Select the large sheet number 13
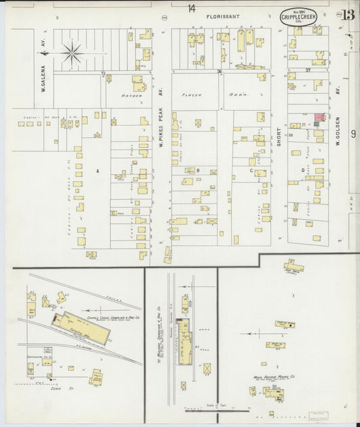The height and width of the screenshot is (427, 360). tap(349, 15)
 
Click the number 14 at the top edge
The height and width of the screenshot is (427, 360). tap(191, 8)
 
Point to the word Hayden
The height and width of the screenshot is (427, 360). tap(132, 95)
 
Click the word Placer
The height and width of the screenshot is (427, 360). tap(200, 95)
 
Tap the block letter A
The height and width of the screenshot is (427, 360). tap(98, 172)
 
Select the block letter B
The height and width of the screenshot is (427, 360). tap(197, 170)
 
